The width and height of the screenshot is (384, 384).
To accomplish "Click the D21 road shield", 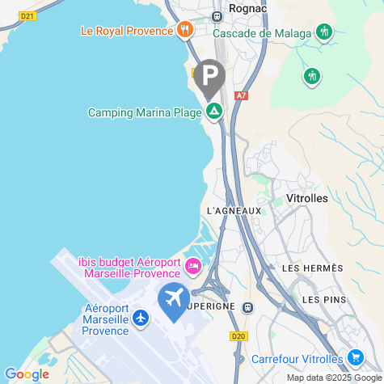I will pos(27,15).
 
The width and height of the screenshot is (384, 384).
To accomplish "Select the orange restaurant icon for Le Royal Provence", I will pos(185,31).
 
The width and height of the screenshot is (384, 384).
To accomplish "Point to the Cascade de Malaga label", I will pos(262,33).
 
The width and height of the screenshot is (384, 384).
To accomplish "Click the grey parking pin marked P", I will pos(210,78).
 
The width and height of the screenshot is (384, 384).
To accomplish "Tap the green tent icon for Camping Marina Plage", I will pos(214,112).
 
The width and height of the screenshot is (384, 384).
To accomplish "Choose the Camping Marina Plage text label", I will pos(144,112).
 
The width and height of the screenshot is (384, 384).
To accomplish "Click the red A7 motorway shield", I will pos(240,95).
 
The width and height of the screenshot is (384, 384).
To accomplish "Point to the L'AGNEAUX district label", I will pos(234,211).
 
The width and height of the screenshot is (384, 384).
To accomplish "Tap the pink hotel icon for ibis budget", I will pos(193,265).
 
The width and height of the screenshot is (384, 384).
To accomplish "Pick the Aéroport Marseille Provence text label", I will pos(106,319).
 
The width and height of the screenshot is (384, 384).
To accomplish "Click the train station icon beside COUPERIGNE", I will pos(247,307).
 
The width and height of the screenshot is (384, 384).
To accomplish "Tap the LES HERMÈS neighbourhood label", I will pos(312,268).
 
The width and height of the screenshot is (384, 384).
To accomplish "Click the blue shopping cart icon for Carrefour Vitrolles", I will pos(355,357).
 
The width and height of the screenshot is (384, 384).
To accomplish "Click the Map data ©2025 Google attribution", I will pos(333,378).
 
